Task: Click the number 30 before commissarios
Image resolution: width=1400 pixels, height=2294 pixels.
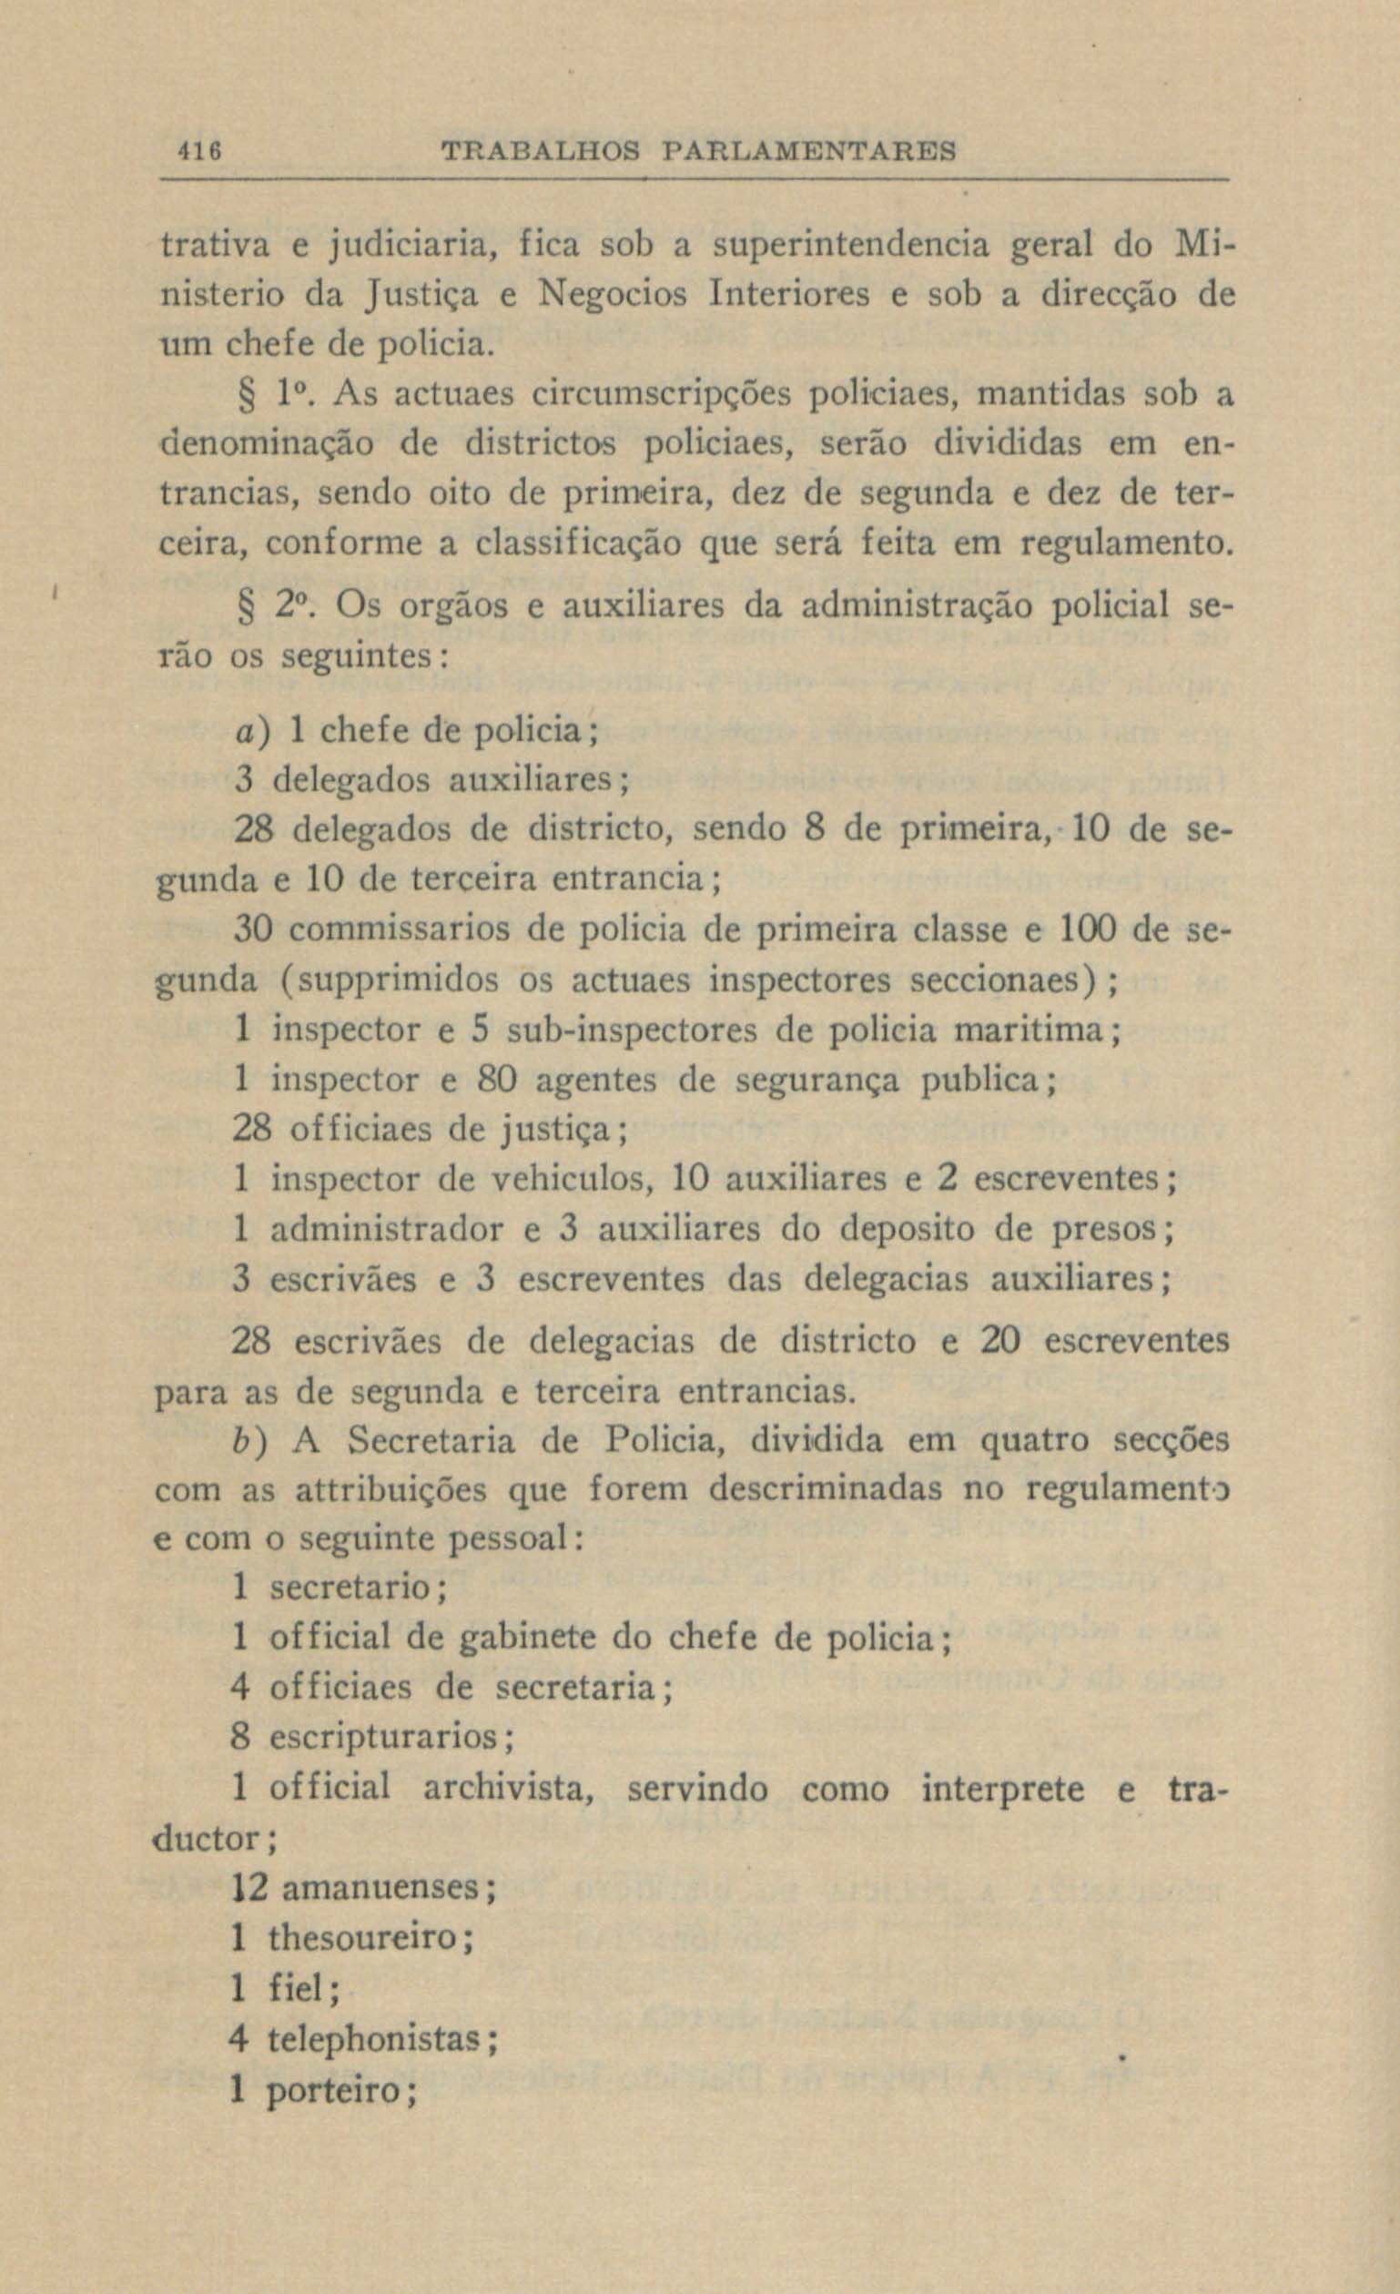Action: (252, 929)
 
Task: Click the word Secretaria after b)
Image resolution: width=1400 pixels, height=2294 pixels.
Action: (430, 1441)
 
